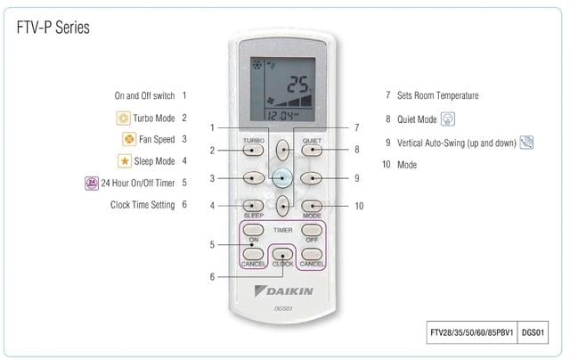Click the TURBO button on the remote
(253, 150)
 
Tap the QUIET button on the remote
(312, 150)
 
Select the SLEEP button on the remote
(253, 206)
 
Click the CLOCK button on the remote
(282, 254)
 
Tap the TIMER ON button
(253, 230)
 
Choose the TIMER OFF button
(312, 230)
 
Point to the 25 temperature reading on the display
(297, 85)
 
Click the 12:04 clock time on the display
(281, 116)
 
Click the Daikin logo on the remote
(283, 290)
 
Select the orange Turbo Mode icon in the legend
(123, 119)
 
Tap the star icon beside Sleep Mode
(125, 160)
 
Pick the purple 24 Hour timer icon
(92, 183)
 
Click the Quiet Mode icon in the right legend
(448, 119)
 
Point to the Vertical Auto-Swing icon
(526, 143)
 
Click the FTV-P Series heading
(53, 28)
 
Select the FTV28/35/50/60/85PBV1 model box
(472, 332)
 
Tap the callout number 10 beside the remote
(359, 206)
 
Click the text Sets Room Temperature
(437, 95)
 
